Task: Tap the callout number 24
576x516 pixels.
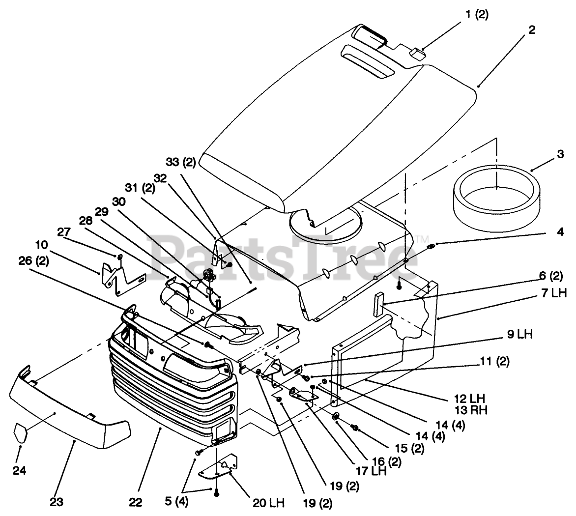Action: (20, 470)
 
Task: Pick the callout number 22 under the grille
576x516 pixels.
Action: (136, 502)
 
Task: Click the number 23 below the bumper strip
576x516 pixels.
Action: (57, 502)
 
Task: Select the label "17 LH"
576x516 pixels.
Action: (371, 470)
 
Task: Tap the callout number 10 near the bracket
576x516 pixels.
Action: (42, 244)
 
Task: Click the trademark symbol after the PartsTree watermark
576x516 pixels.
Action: (422, 239)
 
